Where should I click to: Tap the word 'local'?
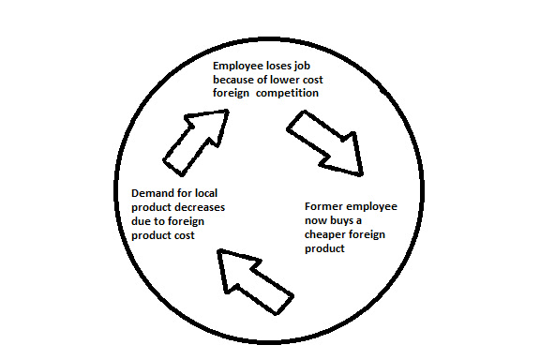(206, 193)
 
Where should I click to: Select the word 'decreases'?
(202, 207)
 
